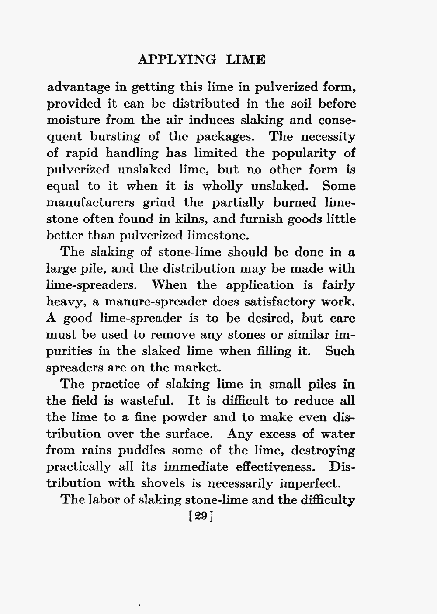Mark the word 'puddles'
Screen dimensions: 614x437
point(129,451)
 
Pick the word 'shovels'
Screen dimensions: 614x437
point(161,483)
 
